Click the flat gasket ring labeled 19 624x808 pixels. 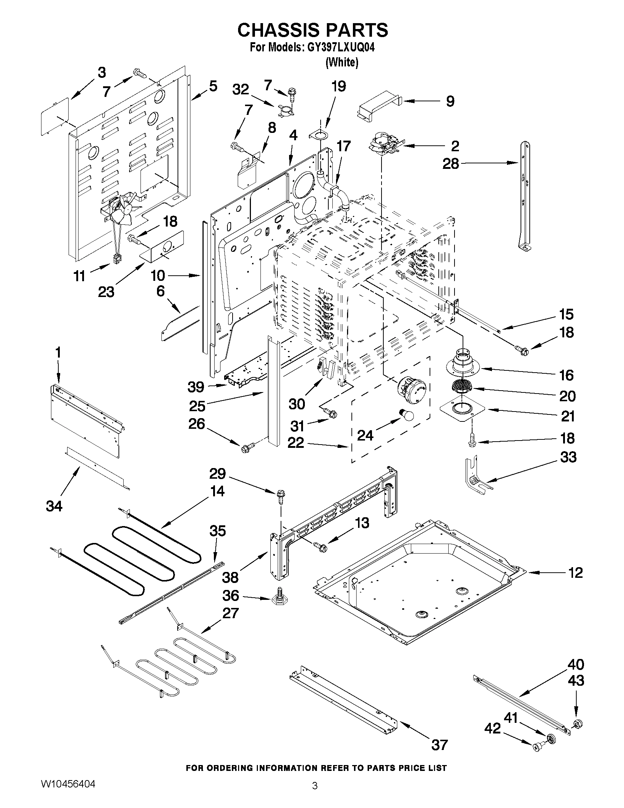tap(320, 135)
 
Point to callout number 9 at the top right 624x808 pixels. tap(450, 101)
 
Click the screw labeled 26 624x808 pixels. tap(249, 447)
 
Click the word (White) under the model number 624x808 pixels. tap(342, 62)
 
